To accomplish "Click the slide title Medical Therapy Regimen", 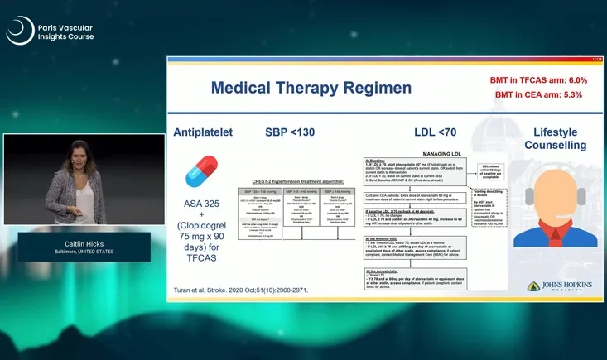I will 300,87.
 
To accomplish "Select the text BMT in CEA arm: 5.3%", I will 538,95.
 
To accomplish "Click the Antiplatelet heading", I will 203,132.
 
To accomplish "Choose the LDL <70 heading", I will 435,132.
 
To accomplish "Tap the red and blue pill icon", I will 201,172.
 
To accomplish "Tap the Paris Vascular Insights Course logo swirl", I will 19,31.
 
